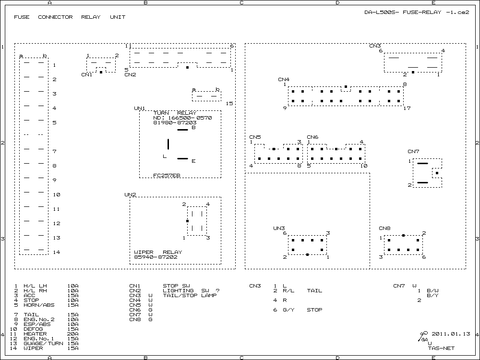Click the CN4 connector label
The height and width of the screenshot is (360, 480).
tap(284, 80)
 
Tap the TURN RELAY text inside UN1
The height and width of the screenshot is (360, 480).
tap(175, 113)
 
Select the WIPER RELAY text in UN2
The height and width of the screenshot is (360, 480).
tap(158, 252)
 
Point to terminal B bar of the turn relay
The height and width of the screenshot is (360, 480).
tap(183, 130)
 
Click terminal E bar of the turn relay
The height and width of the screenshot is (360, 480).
tap(183, 158)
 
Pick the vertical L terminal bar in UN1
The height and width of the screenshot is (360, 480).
tap(168, 144)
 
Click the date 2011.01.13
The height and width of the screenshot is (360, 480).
tap(451, 334)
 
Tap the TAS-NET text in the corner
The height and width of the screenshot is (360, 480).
tap(441, 348)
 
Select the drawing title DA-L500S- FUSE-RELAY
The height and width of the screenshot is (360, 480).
tap(403, 12)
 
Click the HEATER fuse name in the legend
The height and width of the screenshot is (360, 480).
tap(35, 334)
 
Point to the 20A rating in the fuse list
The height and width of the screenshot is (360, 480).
tap(73, 334)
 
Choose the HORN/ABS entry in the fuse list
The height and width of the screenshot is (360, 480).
tap(39, 305)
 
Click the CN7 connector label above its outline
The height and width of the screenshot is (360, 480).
tap(413, 152)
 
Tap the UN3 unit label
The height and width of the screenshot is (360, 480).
tap(279, 228)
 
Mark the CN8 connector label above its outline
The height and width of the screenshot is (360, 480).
tap(384, 228)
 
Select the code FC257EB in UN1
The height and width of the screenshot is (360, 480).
tap(167, 175)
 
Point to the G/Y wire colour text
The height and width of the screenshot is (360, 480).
tap(288, 310)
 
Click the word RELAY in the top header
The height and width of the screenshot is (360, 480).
tap(91, 17)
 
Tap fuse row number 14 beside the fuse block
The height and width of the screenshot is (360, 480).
tap(57, 252)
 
